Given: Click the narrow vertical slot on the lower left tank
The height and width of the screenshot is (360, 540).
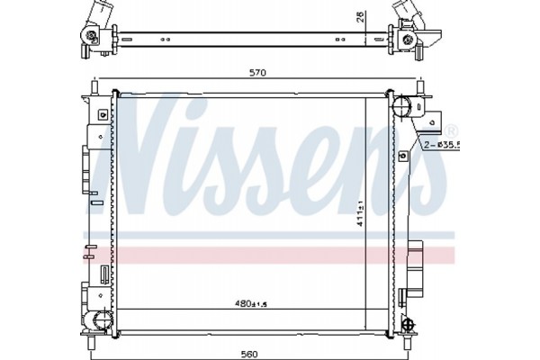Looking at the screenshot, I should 104,274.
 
